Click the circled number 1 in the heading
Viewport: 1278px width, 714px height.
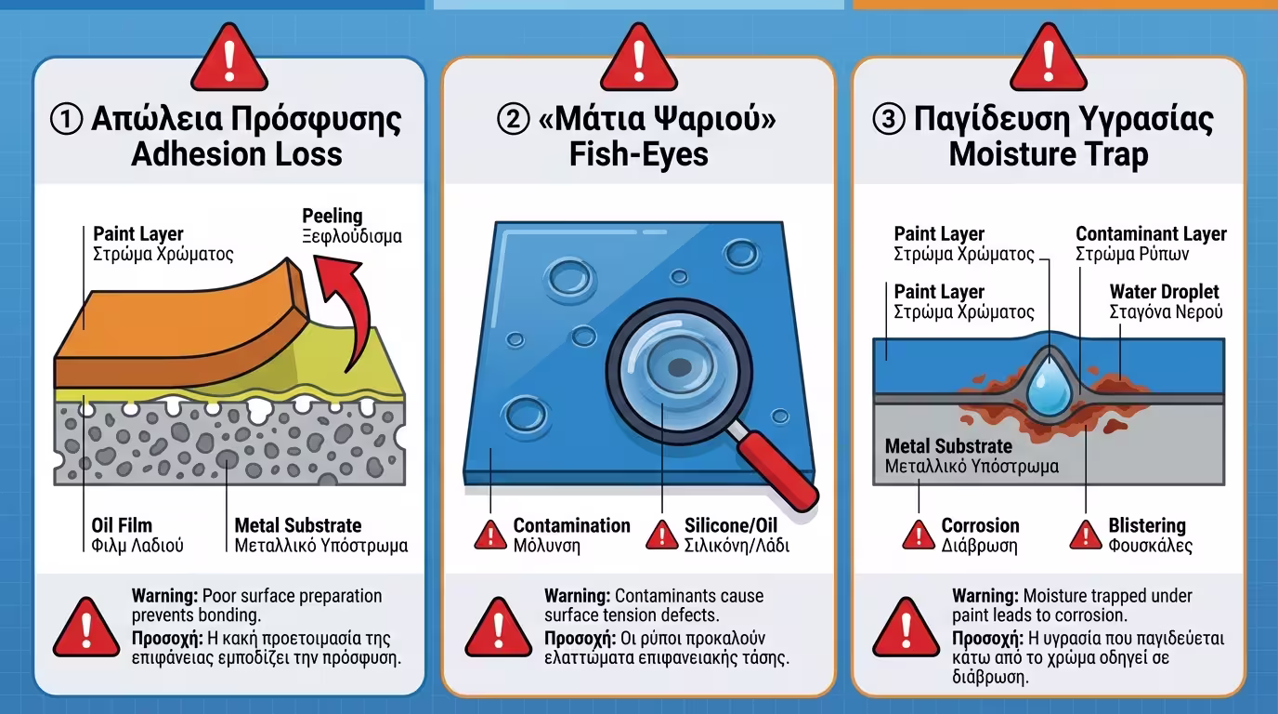(66, 119)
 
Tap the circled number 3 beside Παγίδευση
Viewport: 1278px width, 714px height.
(889, 119)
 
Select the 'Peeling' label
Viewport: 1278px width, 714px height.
(333, 217)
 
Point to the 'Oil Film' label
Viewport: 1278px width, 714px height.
(122, 525)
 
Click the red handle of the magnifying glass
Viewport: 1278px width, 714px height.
(778, 472)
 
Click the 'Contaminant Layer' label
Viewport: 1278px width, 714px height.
(1152, 234)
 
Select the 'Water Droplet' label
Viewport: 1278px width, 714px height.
(1165, 292)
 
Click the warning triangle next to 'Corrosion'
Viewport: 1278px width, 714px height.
(919, 535)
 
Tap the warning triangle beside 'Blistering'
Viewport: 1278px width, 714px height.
(1086, 535)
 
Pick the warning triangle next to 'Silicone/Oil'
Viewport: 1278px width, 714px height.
(662, 535)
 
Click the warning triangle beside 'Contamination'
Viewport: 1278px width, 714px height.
(490, 535)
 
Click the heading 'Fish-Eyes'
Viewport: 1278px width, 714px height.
(639, 154)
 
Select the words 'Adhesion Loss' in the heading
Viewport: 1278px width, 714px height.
(237, 154)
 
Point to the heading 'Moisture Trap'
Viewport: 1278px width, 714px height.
(1049, 154)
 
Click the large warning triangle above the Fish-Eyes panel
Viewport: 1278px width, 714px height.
(639, 59)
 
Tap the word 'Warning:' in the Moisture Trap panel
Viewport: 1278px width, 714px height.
(985, 596)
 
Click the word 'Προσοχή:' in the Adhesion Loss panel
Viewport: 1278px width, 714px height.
(167, 639)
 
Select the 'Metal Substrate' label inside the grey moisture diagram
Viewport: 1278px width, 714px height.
(948, 446)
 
